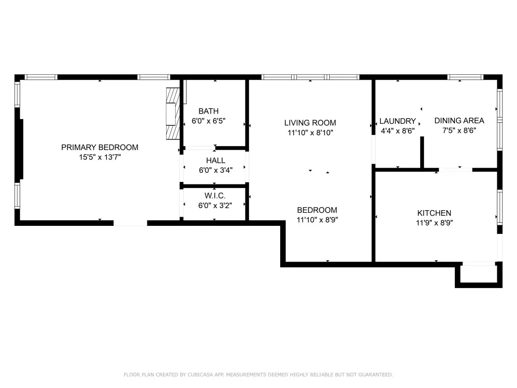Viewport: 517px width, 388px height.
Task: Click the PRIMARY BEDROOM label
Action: [x=99, y=148]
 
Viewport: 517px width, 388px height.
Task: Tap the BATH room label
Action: [x=209, y=111]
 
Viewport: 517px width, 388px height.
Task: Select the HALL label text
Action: [x=216, y=161]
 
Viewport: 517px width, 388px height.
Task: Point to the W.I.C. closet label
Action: [x=215, y=196]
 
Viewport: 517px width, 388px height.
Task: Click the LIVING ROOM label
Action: [x=311, y=123]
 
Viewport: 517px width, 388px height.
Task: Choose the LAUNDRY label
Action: [x=398, y=121]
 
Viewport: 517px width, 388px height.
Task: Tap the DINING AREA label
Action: [x=459, y=121]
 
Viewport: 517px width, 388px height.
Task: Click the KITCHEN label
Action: [x=434, y=213]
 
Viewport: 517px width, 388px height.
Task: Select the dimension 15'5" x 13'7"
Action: [x=99, y=157]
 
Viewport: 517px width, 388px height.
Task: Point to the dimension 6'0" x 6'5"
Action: [x=209, y=121]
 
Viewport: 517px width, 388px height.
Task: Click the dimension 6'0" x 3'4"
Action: [x=216, y=170]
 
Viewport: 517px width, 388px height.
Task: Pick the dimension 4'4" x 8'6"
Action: [x=398, y=131]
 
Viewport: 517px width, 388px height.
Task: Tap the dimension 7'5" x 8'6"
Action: [x=459, y=130]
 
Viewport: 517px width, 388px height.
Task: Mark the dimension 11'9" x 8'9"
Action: [x=434, y=223]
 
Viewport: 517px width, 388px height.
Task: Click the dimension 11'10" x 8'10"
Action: [x=311, y=133]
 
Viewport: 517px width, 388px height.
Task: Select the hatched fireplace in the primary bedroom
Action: [x=173, y=114]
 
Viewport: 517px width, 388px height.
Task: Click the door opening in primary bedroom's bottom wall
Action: [x=130, y=223]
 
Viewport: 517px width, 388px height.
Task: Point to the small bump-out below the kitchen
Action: [x=479, y=275]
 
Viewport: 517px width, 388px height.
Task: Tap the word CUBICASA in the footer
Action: [x=200, y=374]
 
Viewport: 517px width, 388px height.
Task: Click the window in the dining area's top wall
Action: [x=465, y=77]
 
